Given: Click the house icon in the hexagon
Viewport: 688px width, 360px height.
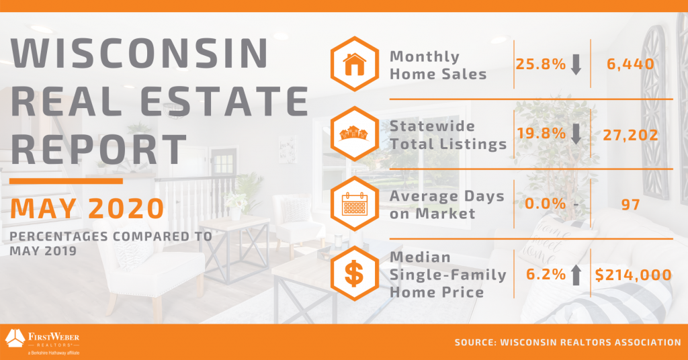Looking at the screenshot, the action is [x=355, y=64].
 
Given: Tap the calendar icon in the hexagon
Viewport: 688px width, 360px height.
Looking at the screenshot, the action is [x=355, y=204].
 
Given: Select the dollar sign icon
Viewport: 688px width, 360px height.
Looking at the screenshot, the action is [x=354, y=273].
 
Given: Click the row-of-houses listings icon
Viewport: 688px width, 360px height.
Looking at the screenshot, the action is [x=354, y=133].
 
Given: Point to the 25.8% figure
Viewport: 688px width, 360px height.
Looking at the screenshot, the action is [x=541, y=64].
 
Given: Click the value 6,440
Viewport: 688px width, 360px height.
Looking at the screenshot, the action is [x=630, y=64].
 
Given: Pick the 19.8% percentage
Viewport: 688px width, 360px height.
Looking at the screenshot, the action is [x=541, y=133].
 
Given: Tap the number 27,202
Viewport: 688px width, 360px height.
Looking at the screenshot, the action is [x=630, y=134].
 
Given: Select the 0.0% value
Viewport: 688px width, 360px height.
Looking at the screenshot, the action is [x=546, y=204].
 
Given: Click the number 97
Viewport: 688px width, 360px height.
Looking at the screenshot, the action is [x=630, y=204].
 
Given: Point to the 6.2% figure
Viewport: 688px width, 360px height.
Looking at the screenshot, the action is [x=546, y=274].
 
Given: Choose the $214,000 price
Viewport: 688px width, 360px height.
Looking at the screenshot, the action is [x=633, y=275].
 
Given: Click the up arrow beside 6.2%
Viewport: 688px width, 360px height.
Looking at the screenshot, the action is [x=576, y=275].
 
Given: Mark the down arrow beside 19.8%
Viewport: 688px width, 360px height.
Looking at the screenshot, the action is [x=576, y=134].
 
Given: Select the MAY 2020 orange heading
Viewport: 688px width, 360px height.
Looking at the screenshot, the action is [x=87, y=209].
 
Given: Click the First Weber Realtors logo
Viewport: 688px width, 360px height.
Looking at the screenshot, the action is [x=42, y=342].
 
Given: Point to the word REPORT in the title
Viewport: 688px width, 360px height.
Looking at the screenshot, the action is [x=98, y=149].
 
